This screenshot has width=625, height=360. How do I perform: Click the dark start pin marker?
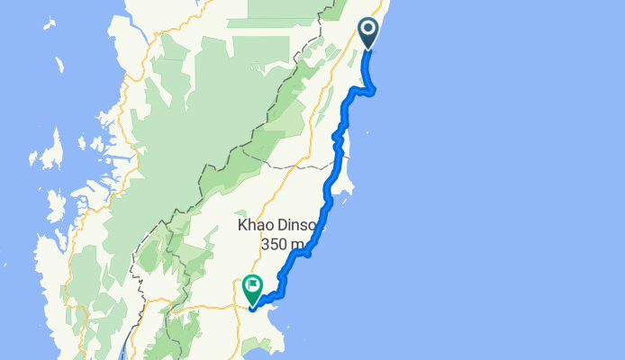pyautogui.click(x=369, y=33)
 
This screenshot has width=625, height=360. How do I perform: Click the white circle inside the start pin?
pyautogui.click(x=369, y=31)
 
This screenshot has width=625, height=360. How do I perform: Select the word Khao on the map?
pyautogui.click(x=258, y=224)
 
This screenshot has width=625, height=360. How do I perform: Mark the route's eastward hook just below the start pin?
pyautogui.click(x=370, y=88)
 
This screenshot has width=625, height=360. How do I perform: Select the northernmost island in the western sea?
pyautogui.click(x=59, y=66)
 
